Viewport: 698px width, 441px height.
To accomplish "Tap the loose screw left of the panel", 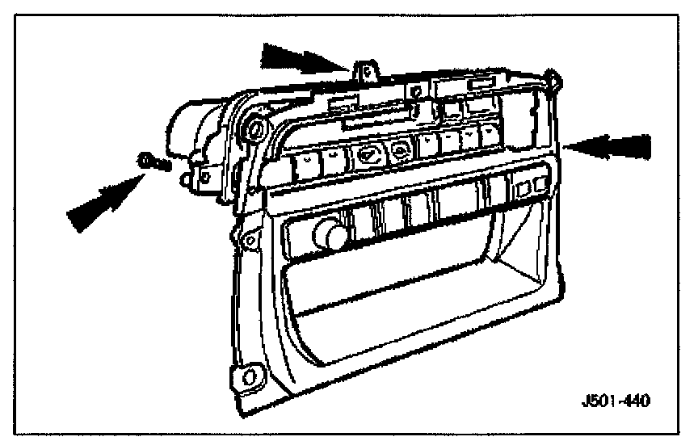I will click(152, 162).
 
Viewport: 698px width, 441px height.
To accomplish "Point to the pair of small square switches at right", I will click(532, 189).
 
